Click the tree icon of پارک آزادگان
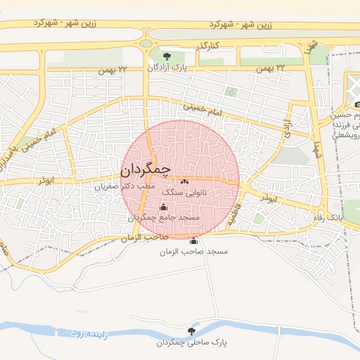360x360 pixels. (167, 56)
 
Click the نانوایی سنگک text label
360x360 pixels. (185, 191)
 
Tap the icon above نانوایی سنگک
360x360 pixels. (185, 181)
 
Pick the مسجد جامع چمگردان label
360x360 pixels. (164, 218)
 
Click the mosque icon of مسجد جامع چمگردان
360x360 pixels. (164, 207)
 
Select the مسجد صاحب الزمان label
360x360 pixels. (191, 251)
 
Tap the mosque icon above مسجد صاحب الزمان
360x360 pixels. (194, 240)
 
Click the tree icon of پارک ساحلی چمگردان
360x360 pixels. (191, 331)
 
